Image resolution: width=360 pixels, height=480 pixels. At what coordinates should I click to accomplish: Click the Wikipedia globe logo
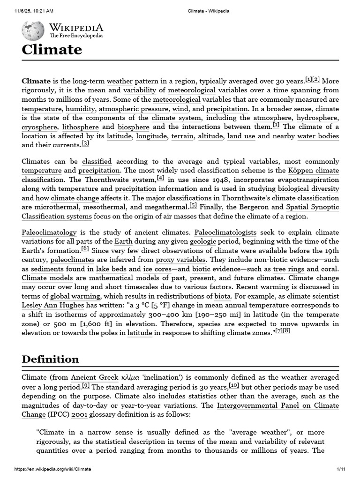[33, 30]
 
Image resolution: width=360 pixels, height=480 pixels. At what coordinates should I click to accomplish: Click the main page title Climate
[52, 50]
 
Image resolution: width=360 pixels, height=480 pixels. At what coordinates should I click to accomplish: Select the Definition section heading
[50, 360]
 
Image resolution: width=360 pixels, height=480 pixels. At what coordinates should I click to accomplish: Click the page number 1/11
[341, 469]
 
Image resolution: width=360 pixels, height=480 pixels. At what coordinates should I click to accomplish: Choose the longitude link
[151, 136]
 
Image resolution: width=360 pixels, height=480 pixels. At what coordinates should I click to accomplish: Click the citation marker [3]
[85, 143]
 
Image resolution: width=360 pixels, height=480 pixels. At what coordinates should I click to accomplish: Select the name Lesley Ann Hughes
[51, 306]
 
